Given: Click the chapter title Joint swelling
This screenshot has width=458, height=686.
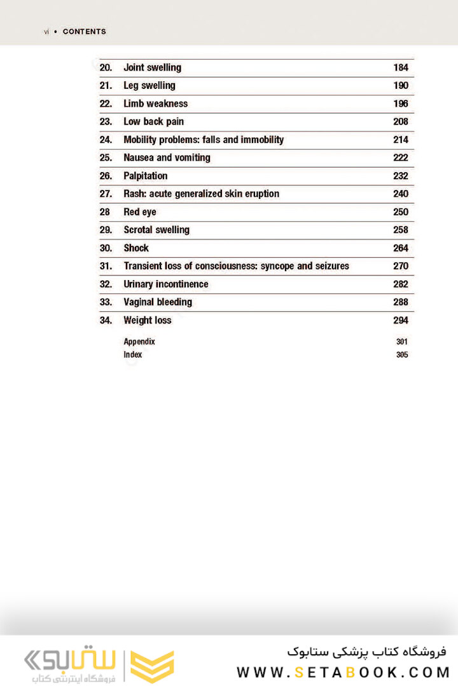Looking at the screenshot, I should pyautogui.click(x=152, y=67).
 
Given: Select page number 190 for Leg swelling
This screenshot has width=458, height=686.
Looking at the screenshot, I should pyautogui.click(x=401, y=86).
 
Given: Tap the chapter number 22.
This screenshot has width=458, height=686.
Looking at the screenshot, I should pyautogui.click(x=106, y=104).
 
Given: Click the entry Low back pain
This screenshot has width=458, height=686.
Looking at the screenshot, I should pyautogui.click(x=153, y=121).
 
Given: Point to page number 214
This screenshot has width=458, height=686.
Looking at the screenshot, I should pyautogui.click(x=401, y=140).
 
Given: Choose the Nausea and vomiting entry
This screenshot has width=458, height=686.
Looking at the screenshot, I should pyautogui.click(x=167, y=158).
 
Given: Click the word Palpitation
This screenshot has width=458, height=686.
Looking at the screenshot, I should pyautogui.click(x=146, y=176).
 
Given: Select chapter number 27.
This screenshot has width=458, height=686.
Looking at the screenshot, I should pyautogui.click(x=106, y=194).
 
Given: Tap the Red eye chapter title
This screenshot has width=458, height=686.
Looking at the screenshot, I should pyautogui.click(x=140, y=212).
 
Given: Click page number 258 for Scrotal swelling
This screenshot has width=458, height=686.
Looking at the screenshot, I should pyautogui.click(x=401, y=230).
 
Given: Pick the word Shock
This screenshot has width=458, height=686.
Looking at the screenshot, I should pyautogui.click(x=136, y=248).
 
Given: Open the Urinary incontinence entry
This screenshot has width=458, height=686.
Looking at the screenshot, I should pyautogui.click(x=165, y=284).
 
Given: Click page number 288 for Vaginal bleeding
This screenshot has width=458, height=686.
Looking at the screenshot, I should pyautogui.click(x=401, y=302).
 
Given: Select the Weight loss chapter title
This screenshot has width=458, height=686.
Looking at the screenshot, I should pyautogui.click(x=147, y=320).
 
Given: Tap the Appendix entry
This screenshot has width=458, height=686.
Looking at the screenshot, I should pyautogui.click(x=139, y=342).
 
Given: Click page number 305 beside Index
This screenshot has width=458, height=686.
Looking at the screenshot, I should pyautogui.click(x=401, y=355).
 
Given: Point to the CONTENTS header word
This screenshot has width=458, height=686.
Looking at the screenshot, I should pyautogui.click(x=85, y=32).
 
